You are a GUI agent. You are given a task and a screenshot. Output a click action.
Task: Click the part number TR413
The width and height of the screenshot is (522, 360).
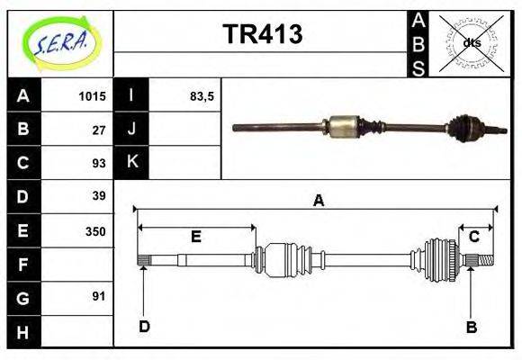(x=262, y=35)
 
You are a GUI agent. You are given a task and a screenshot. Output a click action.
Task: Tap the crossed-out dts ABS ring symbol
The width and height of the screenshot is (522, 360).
(x=471, y=43)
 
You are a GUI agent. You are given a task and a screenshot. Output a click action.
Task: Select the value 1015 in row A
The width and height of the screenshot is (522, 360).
(x=92, y=96)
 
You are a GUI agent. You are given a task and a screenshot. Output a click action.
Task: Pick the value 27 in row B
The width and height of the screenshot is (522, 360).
(x=99, y=130)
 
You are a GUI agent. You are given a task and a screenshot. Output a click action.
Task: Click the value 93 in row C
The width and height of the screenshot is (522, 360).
(x=99, y=163)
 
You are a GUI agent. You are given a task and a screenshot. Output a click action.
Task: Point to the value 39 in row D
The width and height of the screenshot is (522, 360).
(x=99, y=195)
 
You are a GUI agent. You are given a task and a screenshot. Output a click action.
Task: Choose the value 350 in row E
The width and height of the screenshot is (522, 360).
(x=95, y=230)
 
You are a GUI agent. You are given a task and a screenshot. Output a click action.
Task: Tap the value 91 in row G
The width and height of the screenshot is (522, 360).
(x=99, y=296)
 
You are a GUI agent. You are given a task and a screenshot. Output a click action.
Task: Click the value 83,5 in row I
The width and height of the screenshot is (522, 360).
(x=202, y=96)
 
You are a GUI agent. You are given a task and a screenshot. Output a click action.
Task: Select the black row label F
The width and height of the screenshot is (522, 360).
(x=23, y=265)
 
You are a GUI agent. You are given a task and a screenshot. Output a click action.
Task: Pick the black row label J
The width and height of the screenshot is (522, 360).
(x=132, y=130)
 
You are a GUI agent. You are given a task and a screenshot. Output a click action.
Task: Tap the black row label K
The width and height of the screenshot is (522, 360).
(x=132, y=163)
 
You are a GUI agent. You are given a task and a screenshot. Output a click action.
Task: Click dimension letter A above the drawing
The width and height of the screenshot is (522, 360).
(x=318, y=201)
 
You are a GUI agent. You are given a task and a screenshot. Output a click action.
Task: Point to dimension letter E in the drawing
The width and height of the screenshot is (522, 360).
(x=195, y=237)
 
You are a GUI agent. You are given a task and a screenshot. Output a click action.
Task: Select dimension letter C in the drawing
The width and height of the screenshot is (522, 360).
(x=473, y=237)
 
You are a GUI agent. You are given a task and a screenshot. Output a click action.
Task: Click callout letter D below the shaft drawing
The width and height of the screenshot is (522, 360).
(x=144, y=327)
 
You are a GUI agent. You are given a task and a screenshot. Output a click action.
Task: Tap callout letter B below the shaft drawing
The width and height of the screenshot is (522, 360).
(x=471, y=327)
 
